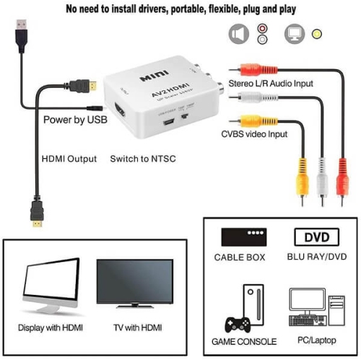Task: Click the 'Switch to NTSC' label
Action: tap(143, 158)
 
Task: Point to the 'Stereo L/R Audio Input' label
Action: tap(271, 84)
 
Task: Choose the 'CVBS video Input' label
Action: tap(254, 134)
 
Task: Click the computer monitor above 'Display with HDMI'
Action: tap(51, 284)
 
